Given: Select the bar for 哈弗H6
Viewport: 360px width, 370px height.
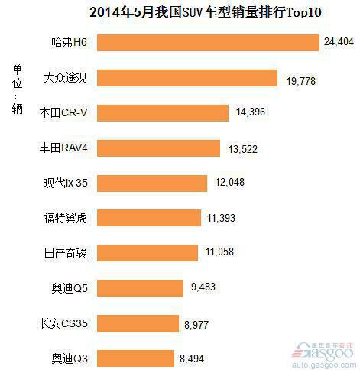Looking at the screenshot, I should coord(209,43).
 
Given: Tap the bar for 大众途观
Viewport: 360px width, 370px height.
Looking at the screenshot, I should coord(188,78).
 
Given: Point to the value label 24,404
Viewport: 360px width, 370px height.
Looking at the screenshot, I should coord(339,43).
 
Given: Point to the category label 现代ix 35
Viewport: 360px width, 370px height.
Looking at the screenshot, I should coord(66,183).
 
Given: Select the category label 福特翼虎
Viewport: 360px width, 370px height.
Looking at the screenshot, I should coord(66,218).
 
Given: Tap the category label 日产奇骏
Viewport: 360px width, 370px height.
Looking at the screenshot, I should coord(66,252).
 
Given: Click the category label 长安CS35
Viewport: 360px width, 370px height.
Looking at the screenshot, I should coord(65,323).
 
